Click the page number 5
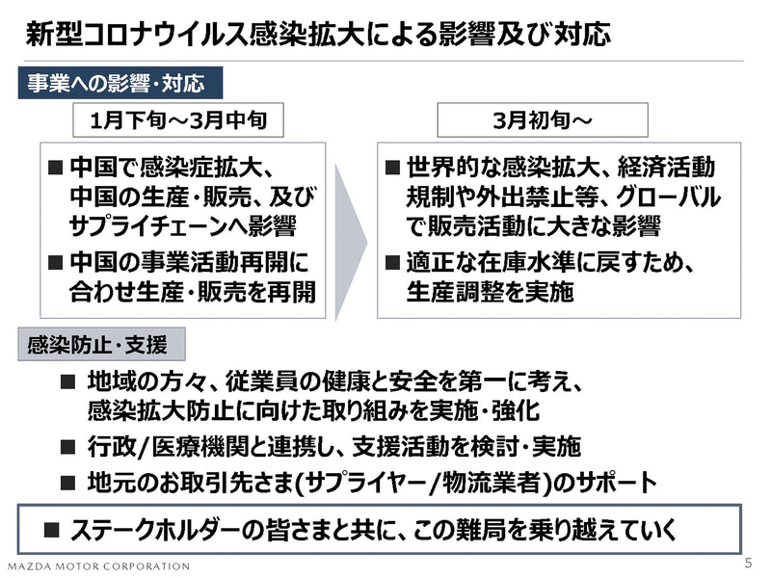point(749,563)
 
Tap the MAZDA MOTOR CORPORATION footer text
point(99,566)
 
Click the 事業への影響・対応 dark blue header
point(120,83)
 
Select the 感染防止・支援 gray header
point(102,345)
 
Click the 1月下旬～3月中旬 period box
point(178,119)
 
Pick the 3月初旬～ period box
point(543,119)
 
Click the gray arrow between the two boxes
point(351,242)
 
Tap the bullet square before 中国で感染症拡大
point(56,168)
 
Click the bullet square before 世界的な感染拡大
point(392,168)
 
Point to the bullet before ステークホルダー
point(52,530)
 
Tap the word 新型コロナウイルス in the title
point(137,35)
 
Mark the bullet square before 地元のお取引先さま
point(67,484)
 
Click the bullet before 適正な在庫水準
point(392,262)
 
